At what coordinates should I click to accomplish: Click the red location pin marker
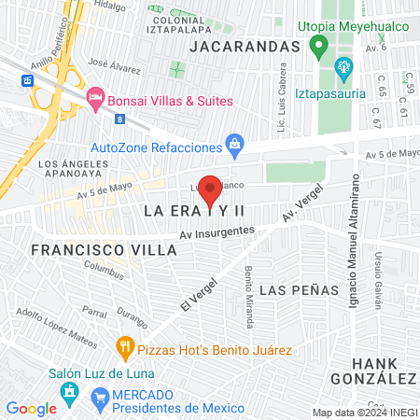tap(211, 190)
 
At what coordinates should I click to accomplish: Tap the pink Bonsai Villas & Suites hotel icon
tap(94, 98)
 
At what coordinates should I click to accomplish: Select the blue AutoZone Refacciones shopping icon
tap(234, 144)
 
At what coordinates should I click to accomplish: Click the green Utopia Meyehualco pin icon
tap(318, 46)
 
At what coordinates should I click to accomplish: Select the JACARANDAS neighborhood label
tap(245, 46)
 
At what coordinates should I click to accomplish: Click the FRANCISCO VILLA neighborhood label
tap(90, 250)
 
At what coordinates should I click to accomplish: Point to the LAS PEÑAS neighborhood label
tap(299, 290)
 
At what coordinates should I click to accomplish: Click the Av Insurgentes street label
tap(217, 231)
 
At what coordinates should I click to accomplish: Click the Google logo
tap(31, 408)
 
